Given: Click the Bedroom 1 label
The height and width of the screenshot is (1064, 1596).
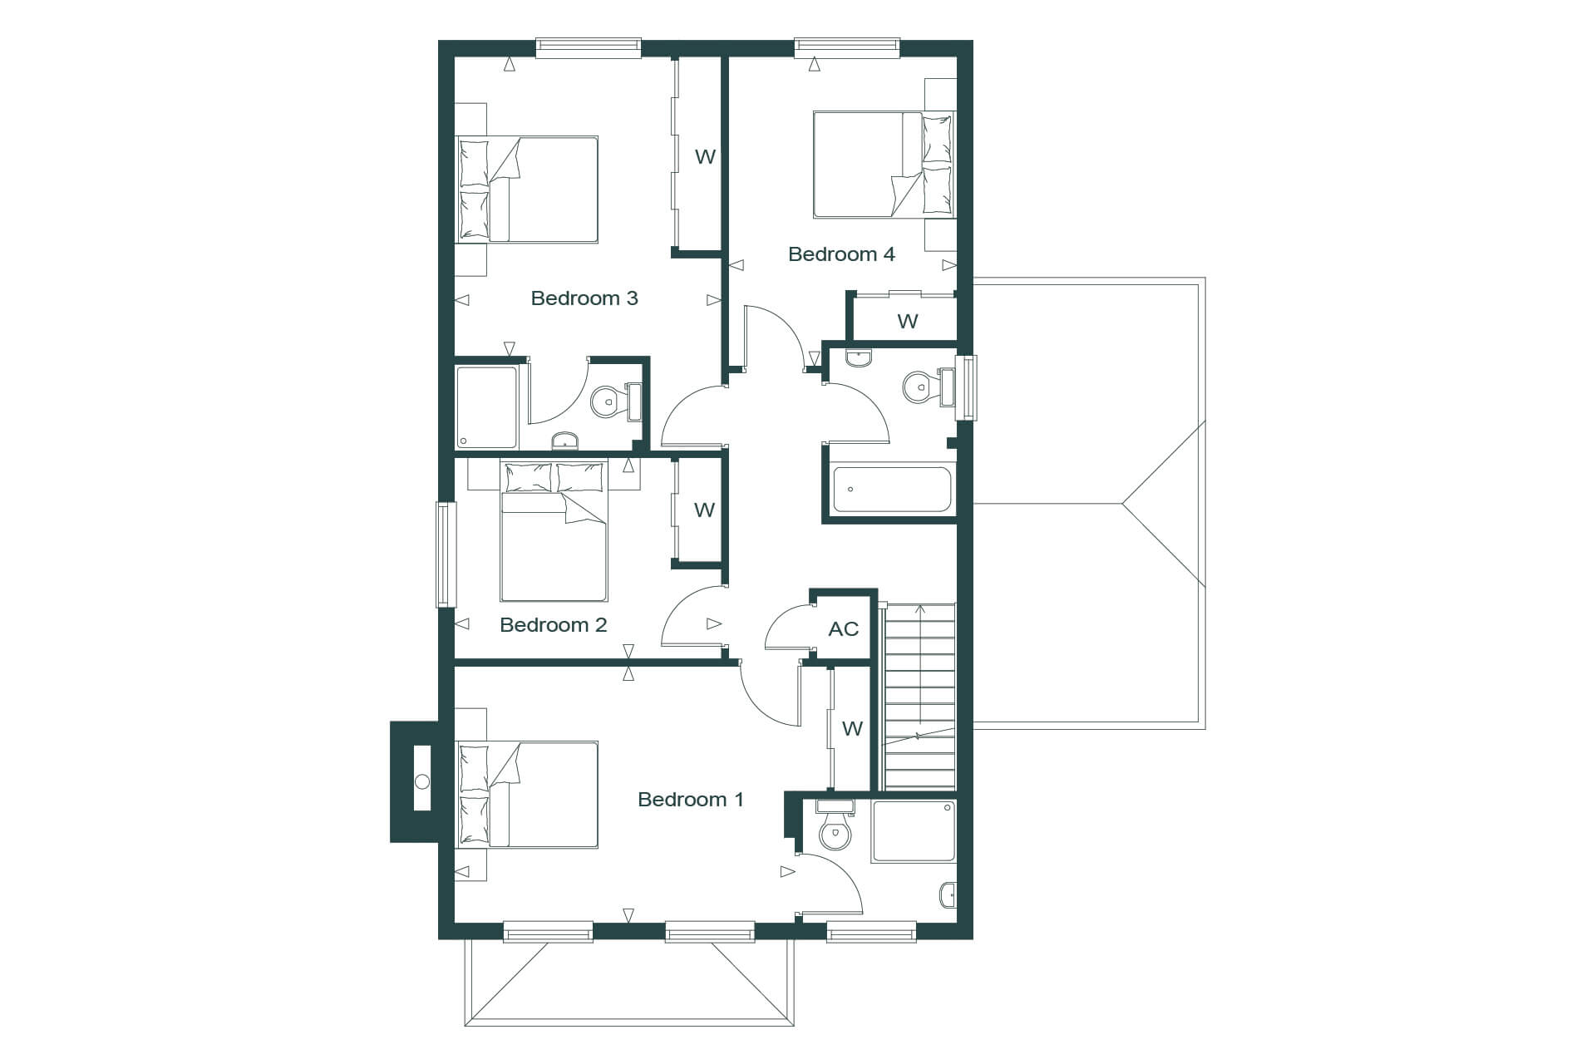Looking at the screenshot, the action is [x=690, y=800].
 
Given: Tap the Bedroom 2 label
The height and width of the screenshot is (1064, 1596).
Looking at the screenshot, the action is [x=553, y=625].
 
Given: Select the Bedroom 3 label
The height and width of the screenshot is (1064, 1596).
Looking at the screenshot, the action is [x=584, y=298].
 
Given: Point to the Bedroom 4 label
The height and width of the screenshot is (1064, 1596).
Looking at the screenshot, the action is [x=841, y=254].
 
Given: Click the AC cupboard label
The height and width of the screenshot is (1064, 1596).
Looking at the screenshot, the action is [x=843, y=629].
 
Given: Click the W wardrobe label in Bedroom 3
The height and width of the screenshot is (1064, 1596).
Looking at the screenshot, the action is [x=705, y=156].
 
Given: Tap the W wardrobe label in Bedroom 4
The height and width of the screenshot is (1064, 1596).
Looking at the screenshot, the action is [x=907, y=321].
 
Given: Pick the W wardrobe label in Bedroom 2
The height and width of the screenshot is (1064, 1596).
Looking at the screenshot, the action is [x=704, y=510].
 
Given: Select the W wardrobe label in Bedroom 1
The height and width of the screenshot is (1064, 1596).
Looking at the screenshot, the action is [x=852, y=729].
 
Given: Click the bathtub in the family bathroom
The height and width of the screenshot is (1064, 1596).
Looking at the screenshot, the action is [x=891, y=490].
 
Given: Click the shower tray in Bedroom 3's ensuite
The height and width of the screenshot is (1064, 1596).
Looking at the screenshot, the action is [x=487, y=407].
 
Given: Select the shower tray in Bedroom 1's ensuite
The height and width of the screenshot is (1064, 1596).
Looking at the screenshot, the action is [x=914, y=831].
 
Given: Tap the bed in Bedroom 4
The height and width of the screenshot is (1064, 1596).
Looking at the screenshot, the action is [x=884, y=165].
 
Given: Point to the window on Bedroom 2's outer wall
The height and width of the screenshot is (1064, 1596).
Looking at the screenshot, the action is [x=446, y=554].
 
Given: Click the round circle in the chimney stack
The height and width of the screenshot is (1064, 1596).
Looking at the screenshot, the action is [x=422, y=781].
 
